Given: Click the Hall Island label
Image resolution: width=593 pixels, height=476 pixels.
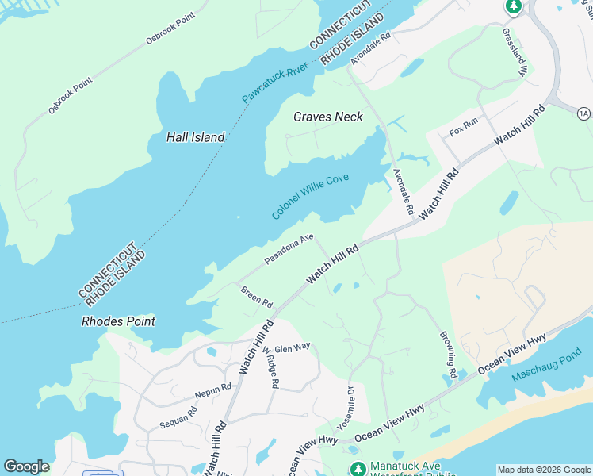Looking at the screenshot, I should pyautogui.click(x=195, y=137).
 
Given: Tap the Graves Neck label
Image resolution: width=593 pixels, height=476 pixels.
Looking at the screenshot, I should pyautogui.click(x=328, y=117).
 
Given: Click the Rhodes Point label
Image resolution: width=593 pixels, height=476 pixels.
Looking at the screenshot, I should pyautogui.click(x=118, y=321).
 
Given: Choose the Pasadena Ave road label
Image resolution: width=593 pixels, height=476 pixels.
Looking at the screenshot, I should pyautogui.click(x=289, y=248).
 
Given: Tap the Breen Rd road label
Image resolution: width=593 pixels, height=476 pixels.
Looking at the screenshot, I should pyautogui.click(x=257, y=297).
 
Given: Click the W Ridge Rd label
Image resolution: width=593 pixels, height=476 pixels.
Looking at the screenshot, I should pyautogui.click(x=270, y=367).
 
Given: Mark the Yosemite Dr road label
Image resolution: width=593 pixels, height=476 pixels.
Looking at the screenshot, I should pyautogui.click(x=345, y=407).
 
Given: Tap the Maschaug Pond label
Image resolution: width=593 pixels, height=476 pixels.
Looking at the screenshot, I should pyautogui.click(x=547, y=365).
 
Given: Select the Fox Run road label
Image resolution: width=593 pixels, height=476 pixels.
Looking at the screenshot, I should pyautogui.click(x=464, y=126).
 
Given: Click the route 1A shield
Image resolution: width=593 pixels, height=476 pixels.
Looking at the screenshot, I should pyautogui.click(x=584, y=114).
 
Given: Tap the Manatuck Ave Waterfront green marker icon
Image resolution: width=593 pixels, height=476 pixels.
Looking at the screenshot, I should pyautogui.click(x=357, y=469).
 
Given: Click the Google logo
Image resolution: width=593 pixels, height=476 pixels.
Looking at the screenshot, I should pyautogui.click(x=26, y=466).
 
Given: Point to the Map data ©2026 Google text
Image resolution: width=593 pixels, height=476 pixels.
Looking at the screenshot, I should pyautogui.click(x=544, y=470).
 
